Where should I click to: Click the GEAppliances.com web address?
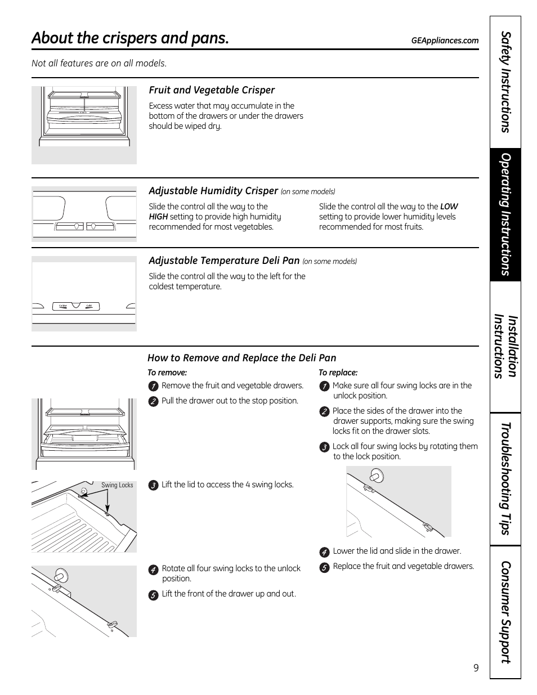coord(445,41)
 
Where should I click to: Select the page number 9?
coord(476,668)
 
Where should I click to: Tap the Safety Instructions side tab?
coord(505,82)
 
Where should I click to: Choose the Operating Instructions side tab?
coord(505,214)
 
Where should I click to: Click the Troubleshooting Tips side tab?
coord(505,479)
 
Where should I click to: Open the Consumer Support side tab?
coord(505,612)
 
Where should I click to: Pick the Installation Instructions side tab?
coord(505,347)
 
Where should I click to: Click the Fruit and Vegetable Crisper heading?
coord(212,90)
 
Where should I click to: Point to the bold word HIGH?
coord(158,217)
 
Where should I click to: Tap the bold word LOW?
coord(449,207)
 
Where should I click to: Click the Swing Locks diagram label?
coord(117,485)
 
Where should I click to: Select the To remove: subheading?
coord(167,373)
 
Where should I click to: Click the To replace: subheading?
coord(338,373)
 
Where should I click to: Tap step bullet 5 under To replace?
coord(324,568)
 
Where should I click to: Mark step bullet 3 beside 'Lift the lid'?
coord(153,486)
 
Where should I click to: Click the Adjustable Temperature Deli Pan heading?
coord(224,261)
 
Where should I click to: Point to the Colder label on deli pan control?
coord(63,306)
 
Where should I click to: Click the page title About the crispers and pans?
coord(131,38)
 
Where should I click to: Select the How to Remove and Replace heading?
coord(241,358)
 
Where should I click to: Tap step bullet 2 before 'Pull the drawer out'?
coord(153,401)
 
